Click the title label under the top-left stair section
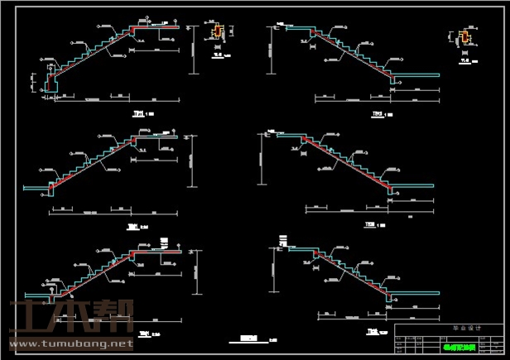[x=139, y=113]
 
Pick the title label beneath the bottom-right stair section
[x=372, y=333]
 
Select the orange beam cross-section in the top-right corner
[x=464, y=37]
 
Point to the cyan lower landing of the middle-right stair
[x=411, y=185]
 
